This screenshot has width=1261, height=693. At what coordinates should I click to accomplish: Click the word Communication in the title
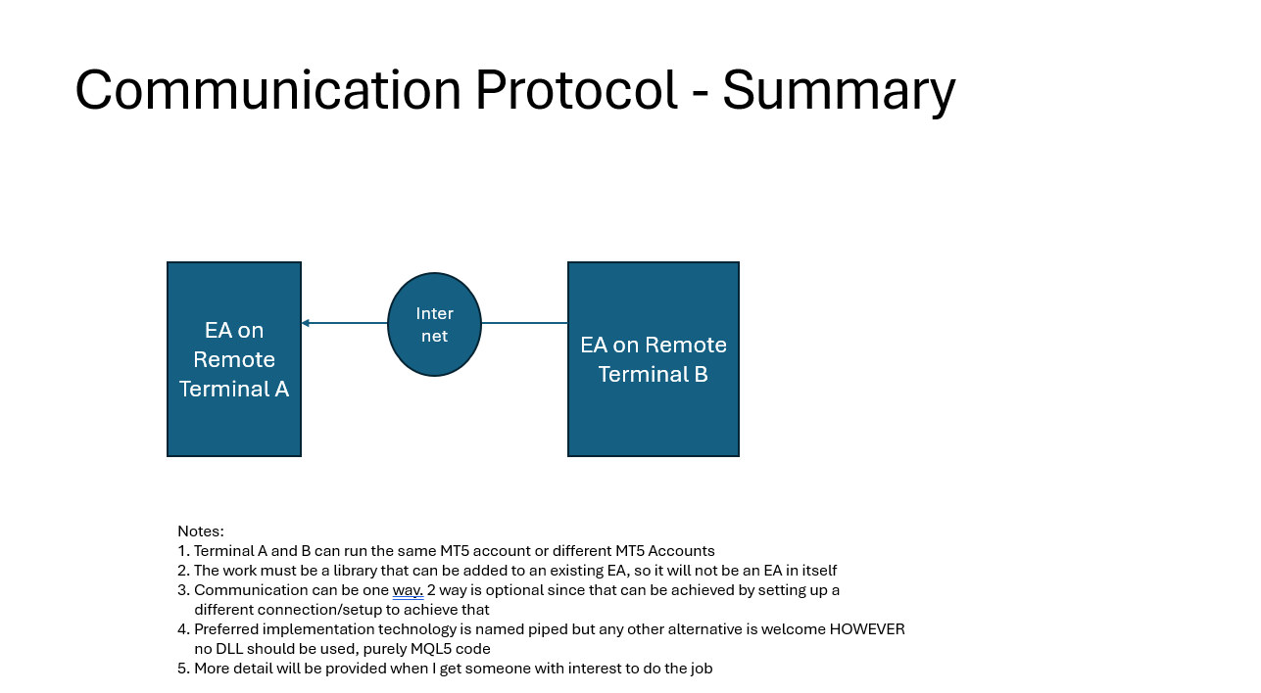267,89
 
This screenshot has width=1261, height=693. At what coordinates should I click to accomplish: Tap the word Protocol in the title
576,89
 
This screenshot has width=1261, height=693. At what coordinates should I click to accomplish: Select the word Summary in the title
839,93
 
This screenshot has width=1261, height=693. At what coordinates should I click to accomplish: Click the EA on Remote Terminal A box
234,359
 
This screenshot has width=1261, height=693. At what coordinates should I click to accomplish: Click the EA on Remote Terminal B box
653,359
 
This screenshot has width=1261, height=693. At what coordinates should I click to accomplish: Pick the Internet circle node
434,324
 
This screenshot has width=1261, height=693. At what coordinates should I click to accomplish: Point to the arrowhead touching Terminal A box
306,323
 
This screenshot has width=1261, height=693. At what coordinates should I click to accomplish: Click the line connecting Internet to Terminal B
524,323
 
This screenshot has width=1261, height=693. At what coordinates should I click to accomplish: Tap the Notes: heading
201,531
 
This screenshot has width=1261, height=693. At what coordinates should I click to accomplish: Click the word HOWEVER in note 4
867,628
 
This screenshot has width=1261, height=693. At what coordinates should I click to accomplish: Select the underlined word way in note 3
408,590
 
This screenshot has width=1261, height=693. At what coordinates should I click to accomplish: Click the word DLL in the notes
228,649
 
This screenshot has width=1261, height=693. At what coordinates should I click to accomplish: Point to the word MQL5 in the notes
431,649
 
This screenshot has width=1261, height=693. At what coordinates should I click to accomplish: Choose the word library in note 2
355,571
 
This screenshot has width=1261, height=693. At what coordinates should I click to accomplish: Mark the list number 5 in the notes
182,669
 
